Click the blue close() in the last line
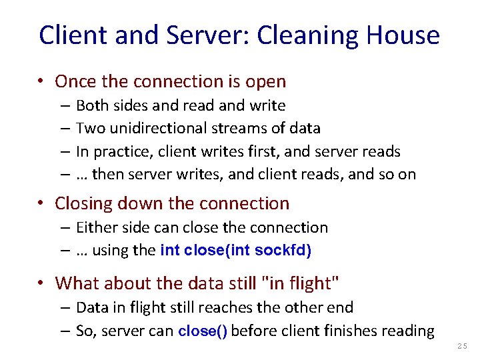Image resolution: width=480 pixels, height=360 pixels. pos(203,331)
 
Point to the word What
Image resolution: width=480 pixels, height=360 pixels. pos(76,283)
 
